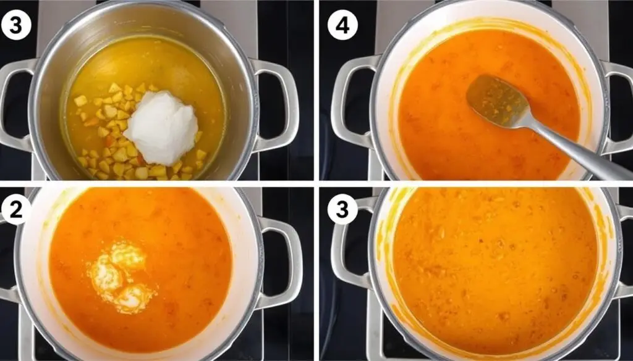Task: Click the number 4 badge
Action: (x=342, y=25)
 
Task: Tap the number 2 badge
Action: (x=15, y=210)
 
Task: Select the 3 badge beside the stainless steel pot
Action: (x=16, y=25)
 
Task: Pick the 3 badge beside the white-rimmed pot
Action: (x=342, y=210)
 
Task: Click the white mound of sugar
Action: (x=161, y=127)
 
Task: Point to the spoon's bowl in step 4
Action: (x=498, y=101)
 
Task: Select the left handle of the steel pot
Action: (x=16, y=106)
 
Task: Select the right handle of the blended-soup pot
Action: (x=624, y=251)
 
